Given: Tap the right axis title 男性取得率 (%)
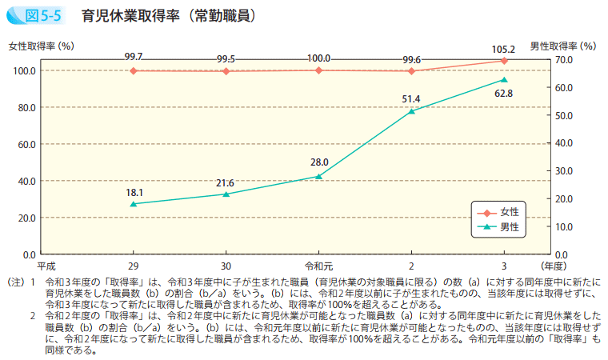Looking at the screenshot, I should pos(563,47).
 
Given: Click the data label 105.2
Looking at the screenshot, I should pos(504,49).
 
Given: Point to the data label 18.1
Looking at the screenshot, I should pos(134,193).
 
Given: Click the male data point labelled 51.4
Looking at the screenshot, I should pos(411,111).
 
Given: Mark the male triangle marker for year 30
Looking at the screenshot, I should pos(226,194).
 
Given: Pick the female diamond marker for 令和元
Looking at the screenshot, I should pos(318,70).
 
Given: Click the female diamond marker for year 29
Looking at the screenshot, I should pos(134,70).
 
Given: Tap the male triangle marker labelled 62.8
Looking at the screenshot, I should pos(504,80).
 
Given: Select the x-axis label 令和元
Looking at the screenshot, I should pos(318,266).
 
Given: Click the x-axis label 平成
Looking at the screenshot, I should pos(46,266).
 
